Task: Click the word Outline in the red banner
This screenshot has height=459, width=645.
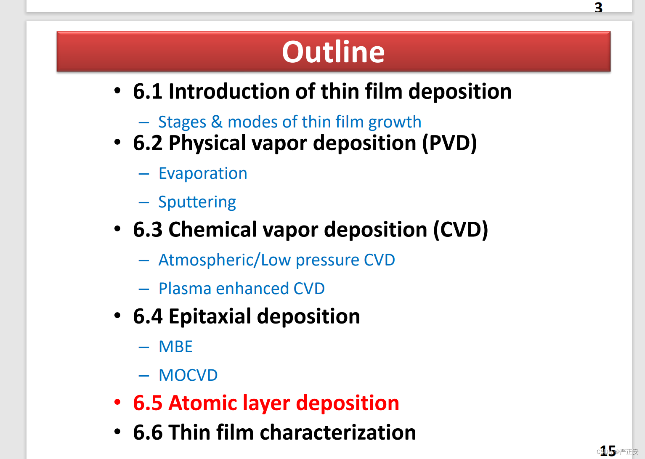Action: coord(333,52)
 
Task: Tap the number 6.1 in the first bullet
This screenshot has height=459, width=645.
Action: coord(148,92)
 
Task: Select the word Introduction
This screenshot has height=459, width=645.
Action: coord(229,92)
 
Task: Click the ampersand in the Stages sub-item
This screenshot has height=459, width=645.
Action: coord(217,122)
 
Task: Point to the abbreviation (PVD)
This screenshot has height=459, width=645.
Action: coord(449,143)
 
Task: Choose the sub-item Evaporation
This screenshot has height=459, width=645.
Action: coord(203,174)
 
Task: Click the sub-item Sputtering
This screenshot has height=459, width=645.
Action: coord(197,202)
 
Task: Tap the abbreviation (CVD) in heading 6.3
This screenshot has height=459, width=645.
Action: coord(460,230)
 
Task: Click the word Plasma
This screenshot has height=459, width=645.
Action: coord(185,289)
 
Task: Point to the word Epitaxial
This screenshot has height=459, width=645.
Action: coord(210,317)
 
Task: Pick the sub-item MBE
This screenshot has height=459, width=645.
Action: coord(175,347)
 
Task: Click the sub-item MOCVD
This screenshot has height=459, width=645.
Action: coord(188,375)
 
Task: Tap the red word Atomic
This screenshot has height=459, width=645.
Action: coord(203,403)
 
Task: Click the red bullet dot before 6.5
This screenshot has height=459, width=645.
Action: coord(117,402)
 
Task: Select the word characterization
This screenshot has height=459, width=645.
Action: coord(338,432)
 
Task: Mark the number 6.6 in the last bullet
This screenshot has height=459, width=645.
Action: coord(148,432)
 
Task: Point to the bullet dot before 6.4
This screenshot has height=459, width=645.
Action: coord(117,315)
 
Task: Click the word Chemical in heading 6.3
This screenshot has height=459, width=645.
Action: coord(212,230)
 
